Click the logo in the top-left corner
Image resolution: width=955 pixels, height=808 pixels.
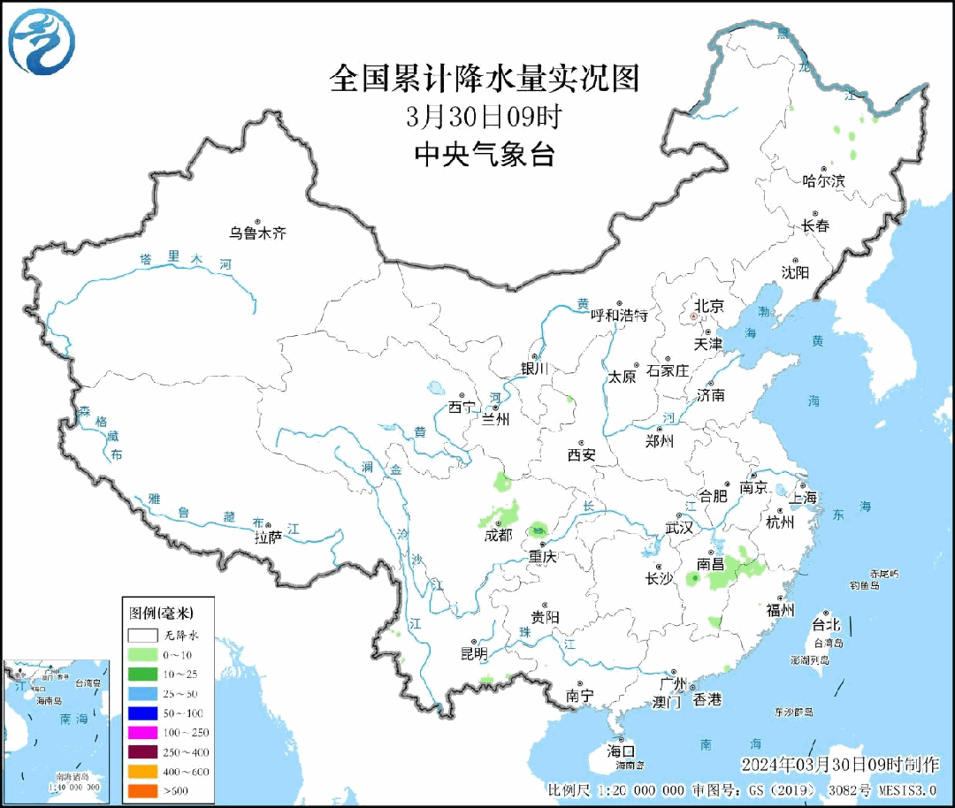tap(42, 42)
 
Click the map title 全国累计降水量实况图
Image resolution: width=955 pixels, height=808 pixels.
tap(484, 79)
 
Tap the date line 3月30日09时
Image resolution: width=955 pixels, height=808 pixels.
tap(484, 117)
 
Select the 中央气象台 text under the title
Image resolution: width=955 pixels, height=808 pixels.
tap(484, 155)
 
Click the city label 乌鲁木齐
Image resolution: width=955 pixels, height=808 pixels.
tap(258, 233)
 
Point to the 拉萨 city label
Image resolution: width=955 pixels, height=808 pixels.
tap(268, 537)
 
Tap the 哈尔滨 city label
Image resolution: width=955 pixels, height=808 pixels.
tap(823, 180)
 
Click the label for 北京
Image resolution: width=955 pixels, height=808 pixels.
tap(708, 306)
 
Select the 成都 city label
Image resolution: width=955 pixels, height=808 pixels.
tap(498, 535)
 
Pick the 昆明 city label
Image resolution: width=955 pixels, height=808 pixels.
tap(474, 653)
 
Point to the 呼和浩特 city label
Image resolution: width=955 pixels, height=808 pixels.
tap(619, 315)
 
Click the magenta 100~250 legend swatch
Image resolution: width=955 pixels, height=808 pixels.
tap(141, 733)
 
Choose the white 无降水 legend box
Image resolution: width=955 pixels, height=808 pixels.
tap(141, 635)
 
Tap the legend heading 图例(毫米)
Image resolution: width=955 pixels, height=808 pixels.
tap(161, 612)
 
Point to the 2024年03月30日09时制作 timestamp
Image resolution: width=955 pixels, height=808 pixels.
tap(841, 764)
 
